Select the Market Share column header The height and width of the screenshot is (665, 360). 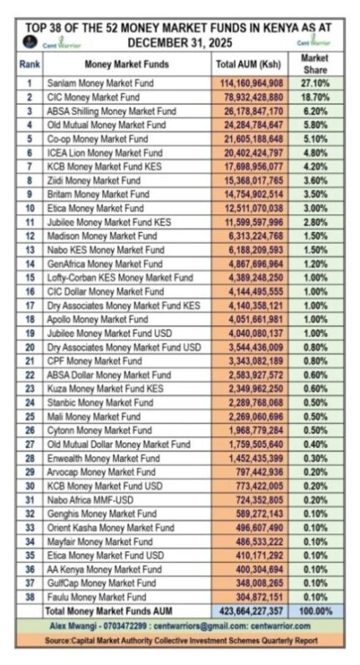[314, 64]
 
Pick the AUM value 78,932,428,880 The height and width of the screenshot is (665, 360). [250, 97]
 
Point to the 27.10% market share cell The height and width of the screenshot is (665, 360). [314, 83]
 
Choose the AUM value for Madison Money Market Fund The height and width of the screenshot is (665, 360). [250, 235]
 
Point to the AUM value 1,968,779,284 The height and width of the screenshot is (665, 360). [250, 430]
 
